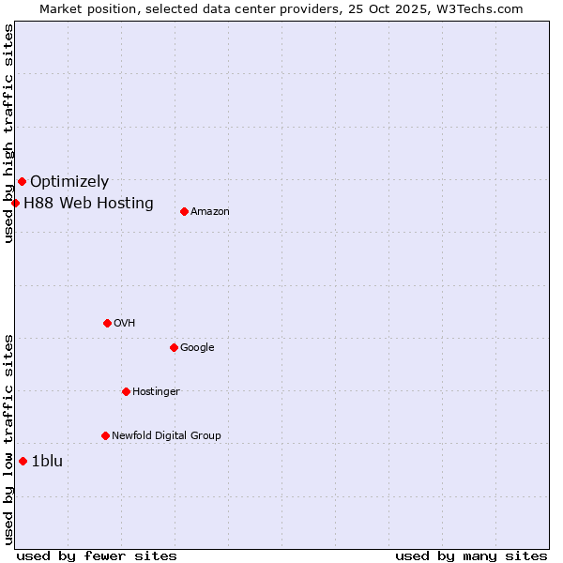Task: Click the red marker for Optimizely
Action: tap(22, 181)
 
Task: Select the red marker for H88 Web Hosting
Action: tap(15, 203)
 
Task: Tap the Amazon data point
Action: tap(184, 211)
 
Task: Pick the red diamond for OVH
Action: tap(107, 323)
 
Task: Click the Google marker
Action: tap(174, 347)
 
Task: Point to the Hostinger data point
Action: tap(126, 391)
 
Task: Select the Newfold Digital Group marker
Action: tap(105, 435)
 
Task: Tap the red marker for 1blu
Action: tap(23, 461)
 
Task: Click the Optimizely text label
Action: tap(69, 182)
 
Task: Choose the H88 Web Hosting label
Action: tap(88, 203)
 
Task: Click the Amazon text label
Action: tap(210, 212)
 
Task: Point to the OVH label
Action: tap(125, 324)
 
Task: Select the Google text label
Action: tap(197, 348)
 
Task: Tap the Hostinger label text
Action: tap(156, 392)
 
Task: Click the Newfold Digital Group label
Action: tap(166, 436)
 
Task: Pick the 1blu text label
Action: tap(47, 461)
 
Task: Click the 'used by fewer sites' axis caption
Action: tap(97, 555)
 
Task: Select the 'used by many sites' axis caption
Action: tap(471, 555)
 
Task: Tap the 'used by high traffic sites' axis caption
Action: tap(8, 133)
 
